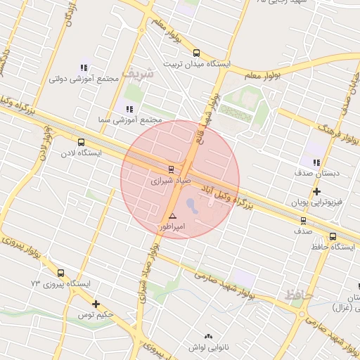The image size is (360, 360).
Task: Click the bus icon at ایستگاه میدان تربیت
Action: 195,53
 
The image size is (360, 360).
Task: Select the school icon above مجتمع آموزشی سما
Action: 129,109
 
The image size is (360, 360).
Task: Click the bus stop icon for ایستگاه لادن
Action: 81,142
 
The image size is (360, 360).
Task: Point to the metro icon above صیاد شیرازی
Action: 170,169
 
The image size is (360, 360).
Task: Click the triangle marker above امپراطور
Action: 172,216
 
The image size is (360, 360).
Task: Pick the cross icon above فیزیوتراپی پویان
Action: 317,191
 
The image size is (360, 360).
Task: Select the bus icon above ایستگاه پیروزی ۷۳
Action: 60,273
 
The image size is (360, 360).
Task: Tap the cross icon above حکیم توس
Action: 96,304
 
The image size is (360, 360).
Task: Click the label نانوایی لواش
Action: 206,347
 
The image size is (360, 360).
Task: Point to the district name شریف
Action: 136,72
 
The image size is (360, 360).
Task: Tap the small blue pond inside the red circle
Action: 192,205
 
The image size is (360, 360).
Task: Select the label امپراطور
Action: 172,227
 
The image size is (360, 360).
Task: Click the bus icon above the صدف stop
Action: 303,220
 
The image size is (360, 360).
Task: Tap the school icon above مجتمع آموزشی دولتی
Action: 84,68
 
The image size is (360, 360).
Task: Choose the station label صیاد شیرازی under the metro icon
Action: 170,181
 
